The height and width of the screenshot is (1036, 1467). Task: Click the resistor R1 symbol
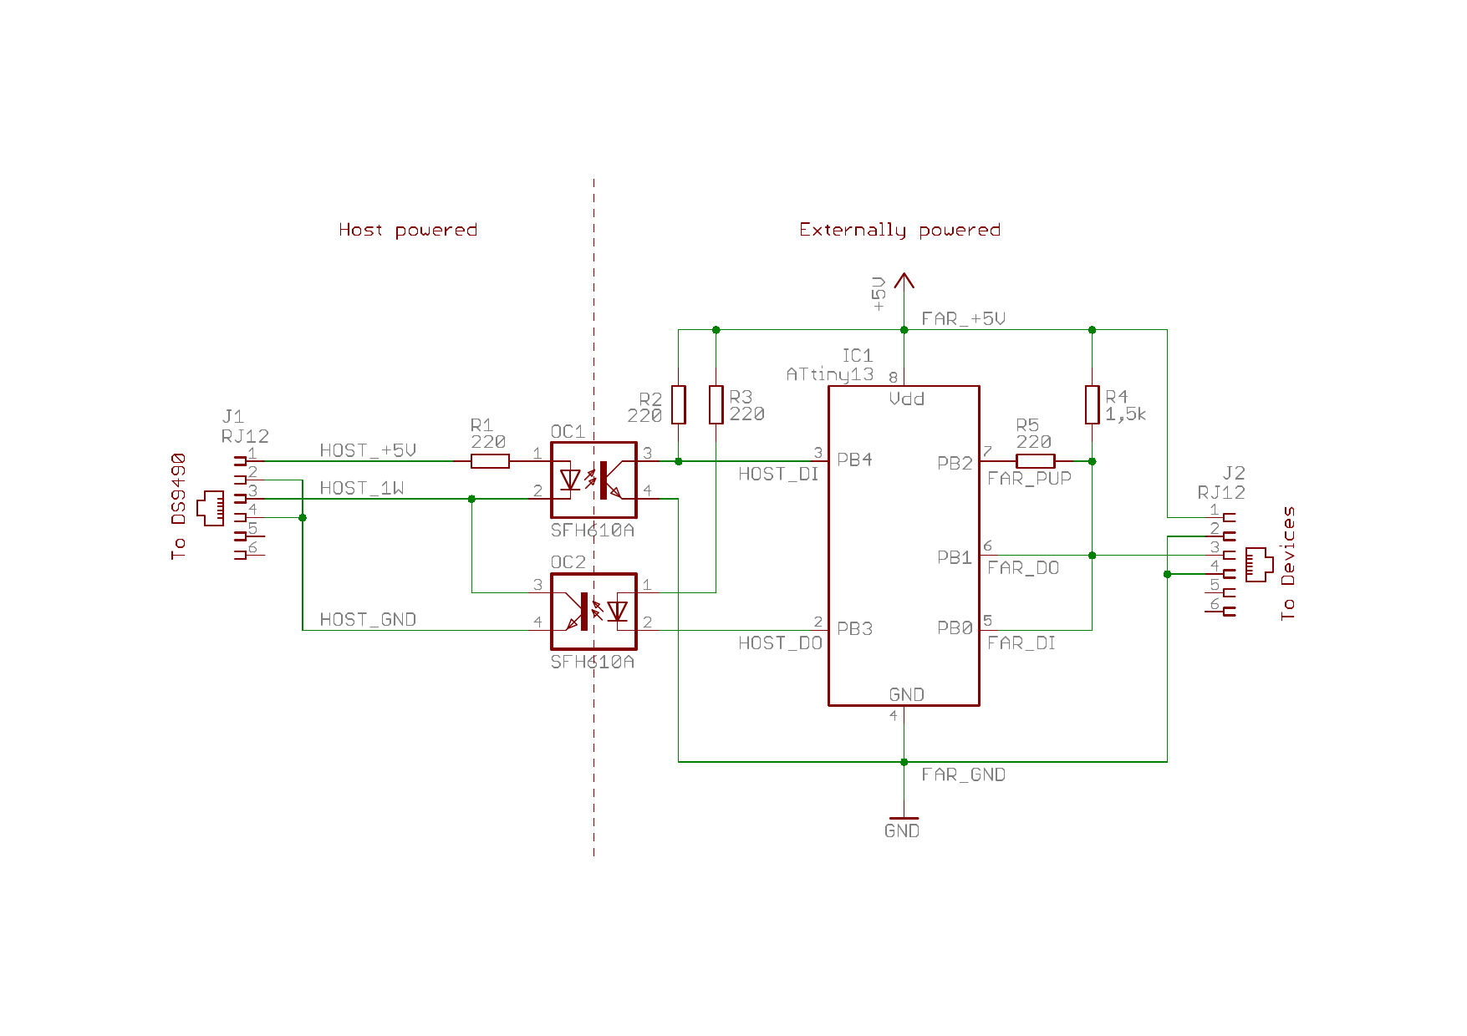click(x=490, y=461)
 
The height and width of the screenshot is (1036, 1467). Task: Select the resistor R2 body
click(x=679, y=404)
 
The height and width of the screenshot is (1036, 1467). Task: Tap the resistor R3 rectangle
click(x=716, y=404)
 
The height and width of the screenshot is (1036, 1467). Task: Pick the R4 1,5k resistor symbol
click(x=1093, y=404)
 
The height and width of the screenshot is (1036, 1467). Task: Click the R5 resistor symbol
click(x=1036, y=461)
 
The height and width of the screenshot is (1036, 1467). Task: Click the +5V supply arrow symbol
click(x=904, y=281)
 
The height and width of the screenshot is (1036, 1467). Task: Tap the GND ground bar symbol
click(x=904, y=818)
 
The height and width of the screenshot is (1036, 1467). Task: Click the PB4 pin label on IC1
click(x=854, y=460)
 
